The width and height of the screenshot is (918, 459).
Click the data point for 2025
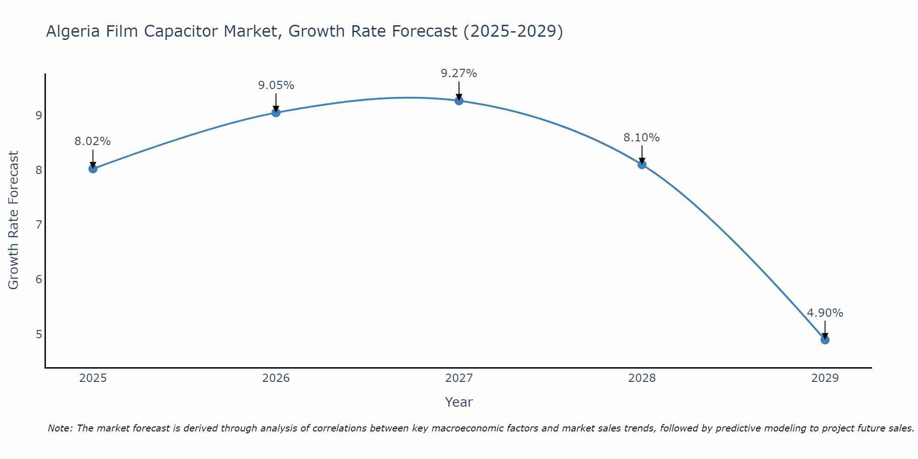(x=93, y=168)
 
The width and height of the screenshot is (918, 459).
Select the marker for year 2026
(x=276, y=112)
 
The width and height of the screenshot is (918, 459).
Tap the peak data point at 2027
(x=459, y=101)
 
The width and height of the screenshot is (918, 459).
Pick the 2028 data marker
(x=642, y=164)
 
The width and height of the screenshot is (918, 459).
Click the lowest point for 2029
(x=825, y=340)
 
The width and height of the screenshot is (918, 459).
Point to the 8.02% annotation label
(x=93, y=141)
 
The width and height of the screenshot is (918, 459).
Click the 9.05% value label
(x=276, y=85)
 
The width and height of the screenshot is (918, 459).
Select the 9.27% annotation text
(x=459, y=73)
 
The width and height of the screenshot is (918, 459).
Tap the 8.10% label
(x=642, y=137)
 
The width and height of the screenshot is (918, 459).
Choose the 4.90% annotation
(x=825, y=313)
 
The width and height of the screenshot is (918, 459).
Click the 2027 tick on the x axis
(x=459, y=378)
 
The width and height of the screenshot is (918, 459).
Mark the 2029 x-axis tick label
(x=825, y=378)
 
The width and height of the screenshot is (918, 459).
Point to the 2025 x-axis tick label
(x=93, y=378)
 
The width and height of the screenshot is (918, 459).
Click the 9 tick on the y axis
(x=39, y=115)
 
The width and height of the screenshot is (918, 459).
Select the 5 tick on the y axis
(x=39, y=334)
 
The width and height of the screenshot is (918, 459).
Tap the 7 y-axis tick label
(x=39, y=224)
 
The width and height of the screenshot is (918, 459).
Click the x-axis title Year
(x=459, y=402)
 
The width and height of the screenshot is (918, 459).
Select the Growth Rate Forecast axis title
(x=14, y=220)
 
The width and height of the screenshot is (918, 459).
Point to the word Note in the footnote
(x=60, y=428)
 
